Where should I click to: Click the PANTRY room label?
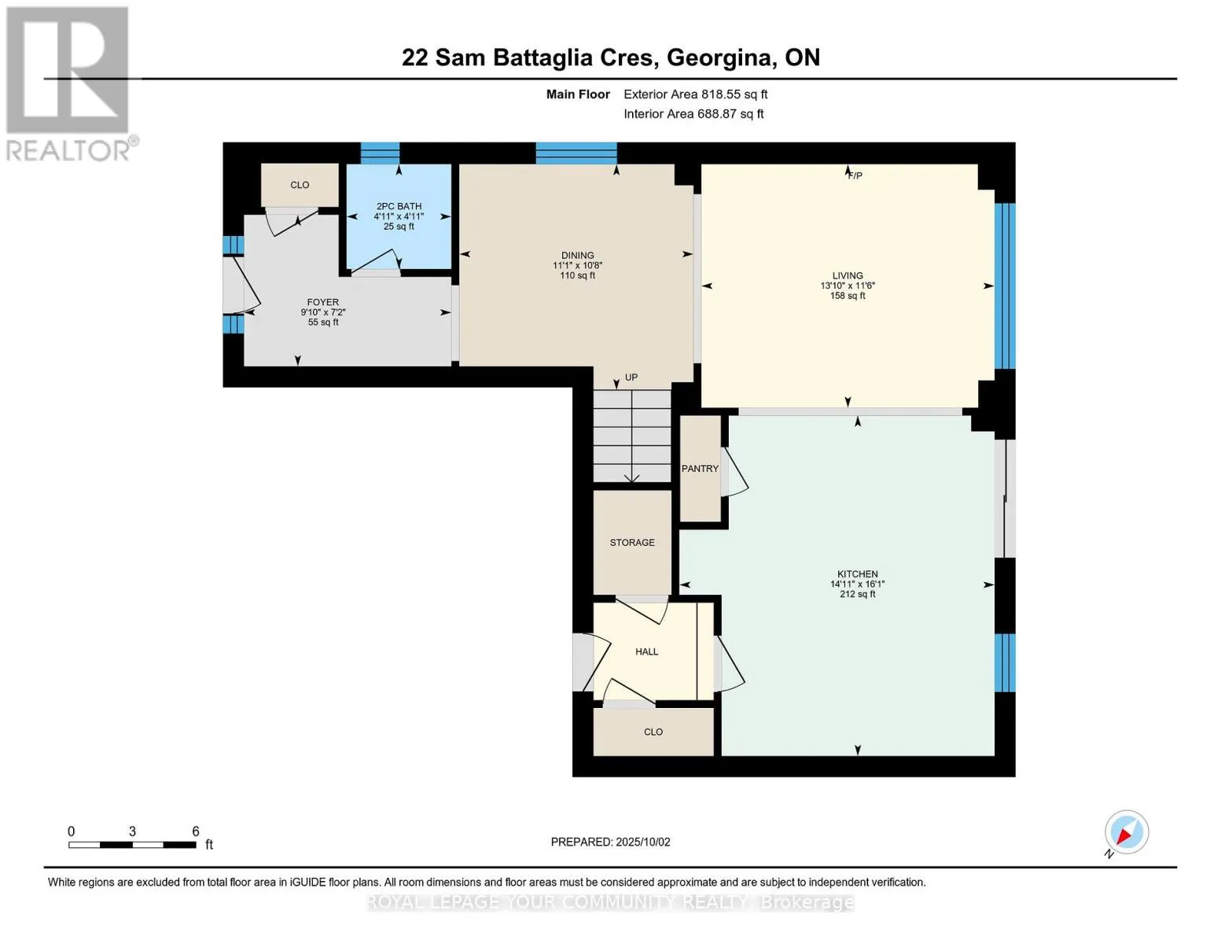[x=700, y=468]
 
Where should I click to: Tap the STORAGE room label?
[x=632, y=543]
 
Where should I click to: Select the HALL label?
[x=647, y=651]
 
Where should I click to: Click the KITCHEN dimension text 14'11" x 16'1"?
[x=858, y=584]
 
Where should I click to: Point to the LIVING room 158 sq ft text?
[x=848, y=296]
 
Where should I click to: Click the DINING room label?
[x=578, y=255]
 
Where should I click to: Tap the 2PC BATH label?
[x=399, y=206]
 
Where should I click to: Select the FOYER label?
[x=323, y=302]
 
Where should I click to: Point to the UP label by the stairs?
[x=631, y=378]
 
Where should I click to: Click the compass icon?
[x=1127, y=832]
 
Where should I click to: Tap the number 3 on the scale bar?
[x=132, y=832]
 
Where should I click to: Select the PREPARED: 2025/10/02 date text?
[x=610, y=842]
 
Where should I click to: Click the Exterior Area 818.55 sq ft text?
[x=695, y=94]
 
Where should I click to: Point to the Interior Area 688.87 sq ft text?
[x=693, y=113]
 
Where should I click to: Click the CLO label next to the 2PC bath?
[x=300, y=185]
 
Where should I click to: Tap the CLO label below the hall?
[x=653, y=732]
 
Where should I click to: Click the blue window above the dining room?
[x=576, y=153]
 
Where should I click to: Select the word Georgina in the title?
[x=719, y=58]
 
